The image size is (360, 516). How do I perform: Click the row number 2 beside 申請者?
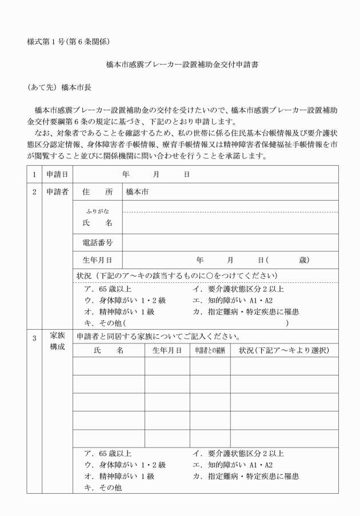click(x=34, y=191)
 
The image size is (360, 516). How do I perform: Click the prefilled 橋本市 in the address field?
click(x=137, y=191)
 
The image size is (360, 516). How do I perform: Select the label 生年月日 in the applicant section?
click(x=97, y=260)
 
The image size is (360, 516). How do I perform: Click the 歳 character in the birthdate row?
click(x=303, y=260)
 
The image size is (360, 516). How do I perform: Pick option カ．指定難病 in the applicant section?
click(x=246, y=311)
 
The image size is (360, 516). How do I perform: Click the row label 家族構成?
click(x=57, y=341)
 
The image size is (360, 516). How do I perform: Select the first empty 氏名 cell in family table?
click(x=108, y=366)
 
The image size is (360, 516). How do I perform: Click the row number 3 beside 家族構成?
click(x=34, y=338)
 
